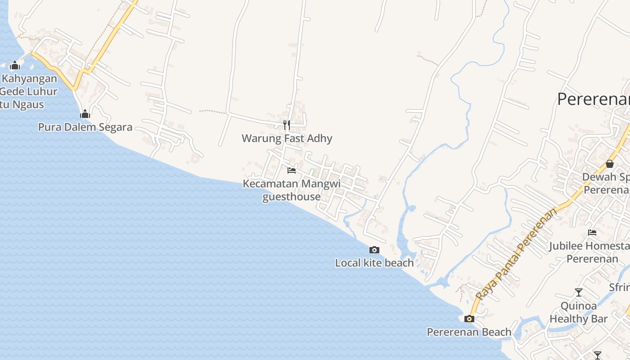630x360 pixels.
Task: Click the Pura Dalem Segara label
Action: [85, 127]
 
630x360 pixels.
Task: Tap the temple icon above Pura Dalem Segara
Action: [85, 114]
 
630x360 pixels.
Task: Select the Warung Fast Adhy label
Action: [287, 138]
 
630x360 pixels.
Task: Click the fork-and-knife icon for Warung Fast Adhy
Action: [286, 125]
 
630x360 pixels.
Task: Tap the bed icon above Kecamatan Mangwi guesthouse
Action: [292, 171]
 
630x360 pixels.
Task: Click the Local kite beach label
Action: [374, 263]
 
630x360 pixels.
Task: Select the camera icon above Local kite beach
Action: [374, 250]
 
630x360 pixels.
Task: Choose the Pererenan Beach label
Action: [469, 332]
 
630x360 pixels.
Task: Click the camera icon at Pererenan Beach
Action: [469, 319]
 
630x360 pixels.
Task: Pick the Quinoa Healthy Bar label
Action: [579, 312]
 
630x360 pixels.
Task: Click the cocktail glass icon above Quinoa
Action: [579, 292]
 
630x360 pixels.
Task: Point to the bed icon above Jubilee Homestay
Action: [592, 233]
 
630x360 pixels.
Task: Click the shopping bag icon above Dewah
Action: [610, 164]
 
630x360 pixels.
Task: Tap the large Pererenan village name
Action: [593, 99]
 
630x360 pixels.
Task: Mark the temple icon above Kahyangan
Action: [15, 65]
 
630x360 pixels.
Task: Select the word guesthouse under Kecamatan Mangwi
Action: [291, 197]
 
